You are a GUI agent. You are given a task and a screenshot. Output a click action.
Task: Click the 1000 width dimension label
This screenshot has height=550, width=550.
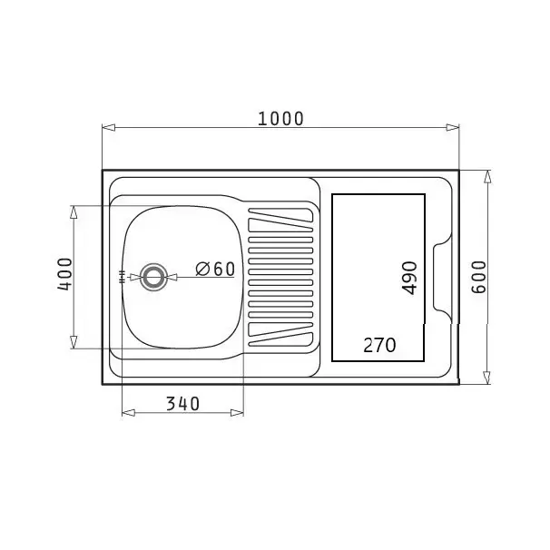point(280,119)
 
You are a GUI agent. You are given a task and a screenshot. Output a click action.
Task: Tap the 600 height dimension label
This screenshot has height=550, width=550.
point(479,277)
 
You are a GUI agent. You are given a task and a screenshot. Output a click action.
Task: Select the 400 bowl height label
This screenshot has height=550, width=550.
point(64,274)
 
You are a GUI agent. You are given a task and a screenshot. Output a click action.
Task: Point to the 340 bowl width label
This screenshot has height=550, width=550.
point(182,404)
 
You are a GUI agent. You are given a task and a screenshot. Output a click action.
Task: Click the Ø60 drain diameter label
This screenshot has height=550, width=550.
point(215,270)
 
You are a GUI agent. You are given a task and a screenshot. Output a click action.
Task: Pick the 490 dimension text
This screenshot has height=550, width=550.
point(409,278)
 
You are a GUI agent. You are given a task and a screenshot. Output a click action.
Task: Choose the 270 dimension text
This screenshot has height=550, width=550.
point(379,345)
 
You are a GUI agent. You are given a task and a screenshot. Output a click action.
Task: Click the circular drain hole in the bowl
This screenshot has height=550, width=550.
point(153,277)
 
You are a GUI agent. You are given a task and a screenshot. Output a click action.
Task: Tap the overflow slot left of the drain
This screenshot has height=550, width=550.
point(123,277)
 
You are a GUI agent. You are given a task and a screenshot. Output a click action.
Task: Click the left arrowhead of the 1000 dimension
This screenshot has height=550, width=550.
point(109,127)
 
